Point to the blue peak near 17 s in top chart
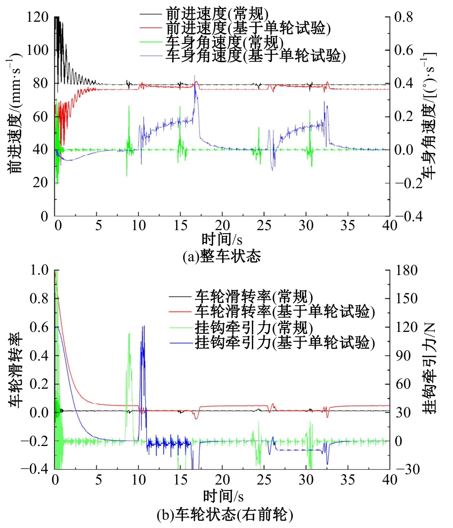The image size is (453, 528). coord(196,85)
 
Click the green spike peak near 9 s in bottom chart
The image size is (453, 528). coord(129,334)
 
